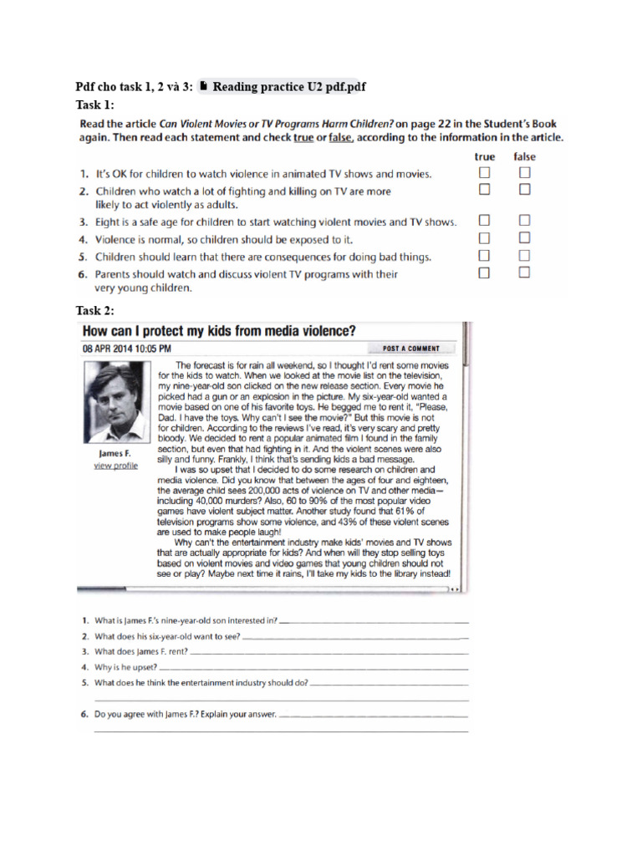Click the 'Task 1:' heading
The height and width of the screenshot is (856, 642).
click(x=95, y=104)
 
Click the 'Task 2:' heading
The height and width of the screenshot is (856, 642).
click(x=95, y=311)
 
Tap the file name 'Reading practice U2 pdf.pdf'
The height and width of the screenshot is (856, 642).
click(x=289, y=86)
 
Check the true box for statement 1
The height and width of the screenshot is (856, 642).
click(x=484, y=173)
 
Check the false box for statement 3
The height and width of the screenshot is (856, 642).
click(x=524, y=221)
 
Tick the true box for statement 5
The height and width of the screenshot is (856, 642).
click(x=484, y=255)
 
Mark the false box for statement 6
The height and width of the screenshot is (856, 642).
click(x=524, y=273)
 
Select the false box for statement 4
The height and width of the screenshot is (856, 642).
click(x=524, y=238)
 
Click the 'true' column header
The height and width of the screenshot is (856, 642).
click(x=484, y=156)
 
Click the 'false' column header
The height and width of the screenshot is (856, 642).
click(x=524, y=156)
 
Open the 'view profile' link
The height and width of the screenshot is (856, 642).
click(x=115, y=466)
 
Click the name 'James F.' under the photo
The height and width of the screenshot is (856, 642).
click(x=115, y=454)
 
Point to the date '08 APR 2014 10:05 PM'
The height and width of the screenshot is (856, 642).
click(x=128, y=348)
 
